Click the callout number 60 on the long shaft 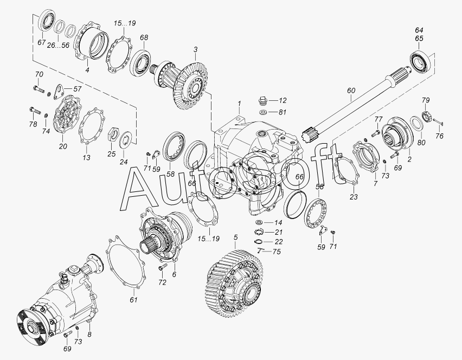point(351,91)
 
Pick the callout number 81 point(283,112)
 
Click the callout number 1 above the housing point(240,104)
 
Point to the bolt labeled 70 point(38,88)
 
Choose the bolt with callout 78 point(35,111)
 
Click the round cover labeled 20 point(67,115)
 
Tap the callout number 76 point(439,136)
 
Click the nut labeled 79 point(427,116)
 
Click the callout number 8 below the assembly point(89,335)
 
